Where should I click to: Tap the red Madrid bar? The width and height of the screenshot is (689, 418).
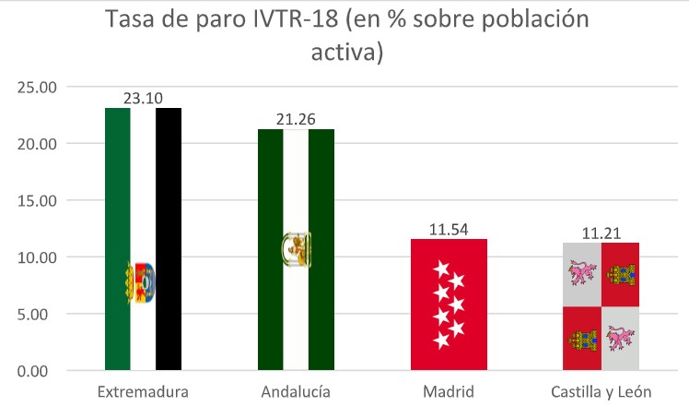[448, 305]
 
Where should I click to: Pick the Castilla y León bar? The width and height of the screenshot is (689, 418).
[601, 306]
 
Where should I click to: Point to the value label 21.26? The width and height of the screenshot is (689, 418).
[296, 118]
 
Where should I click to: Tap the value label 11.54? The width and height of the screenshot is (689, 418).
[448, 227]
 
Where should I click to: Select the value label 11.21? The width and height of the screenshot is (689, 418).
[601, 231]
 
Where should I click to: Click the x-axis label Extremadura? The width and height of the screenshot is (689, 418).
[143, 392]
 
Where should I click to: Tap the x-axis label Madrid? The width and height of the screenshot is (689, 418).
[448, 392]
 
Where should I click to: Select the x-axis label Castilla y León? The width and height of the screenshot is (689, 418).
[601, 392]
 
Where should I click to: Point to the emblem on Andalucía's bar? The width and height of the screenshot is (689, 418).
[296, 248]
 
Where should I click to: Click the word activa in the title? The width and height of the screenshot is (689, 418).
[345, 53]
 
